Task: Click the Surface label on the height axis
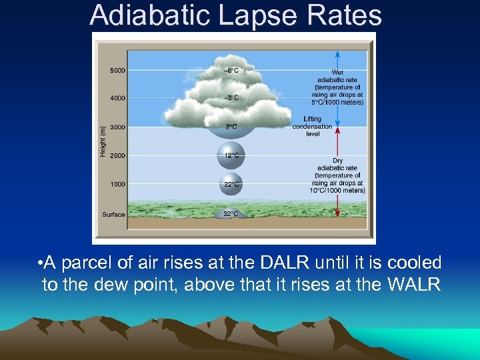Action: pyautogui.click(x=113, y=215)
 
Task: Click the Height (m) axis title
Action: pyautogui.click(x=102, y=141)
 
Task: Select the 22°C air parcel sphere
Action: pyautogui.click(x=231, y=184)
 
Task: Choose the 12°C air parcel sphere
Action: pyautogui.click(x=231, y=156)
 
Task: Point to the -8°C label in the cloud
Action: pyautogui.click(x=231, y=70)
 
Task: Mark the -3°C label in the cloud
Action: pyautogui.click(x=231, y=98)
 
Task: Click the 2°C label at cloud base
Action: pyautogui.click(x=231, y=127)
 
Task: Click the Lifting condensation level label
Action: pyautogui.click(x=312, y=127)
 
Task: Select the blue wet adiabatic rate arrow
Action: pyautogui.click(x=338, y=87)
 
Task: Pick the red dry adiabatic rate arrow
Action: pyautogui.click(x=338, y=173)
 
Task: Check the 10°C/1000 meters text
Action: pyautogui.click(x=337, y=190)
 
